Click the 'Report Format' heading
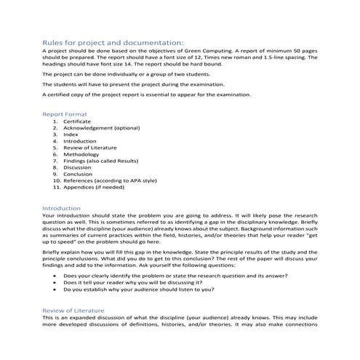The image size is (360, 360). click(x=65, y=114)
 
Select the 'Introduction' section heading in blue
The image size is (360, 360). click(x=63, y=208)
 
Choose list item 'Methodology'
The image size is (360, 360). click(x=80, y=154)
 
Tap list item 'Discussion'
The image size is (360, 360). click(x=78, y=167)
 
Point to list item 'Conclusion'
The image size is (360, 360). click(x=78, y=175)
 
